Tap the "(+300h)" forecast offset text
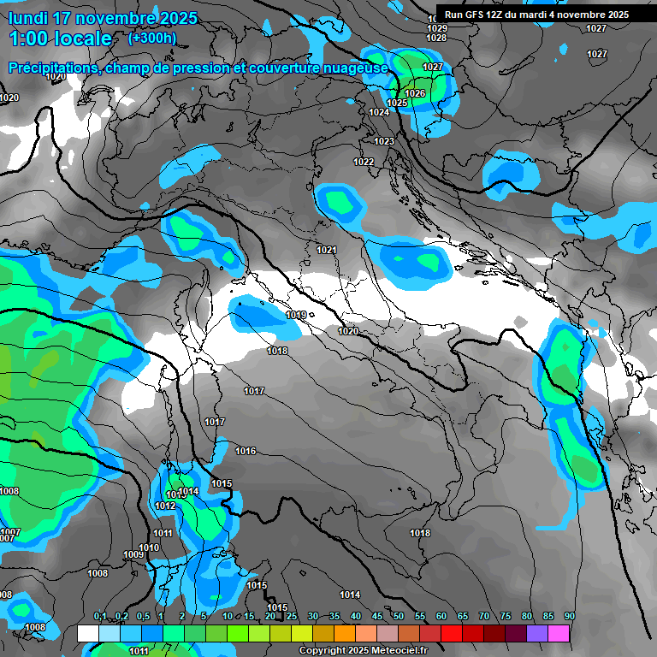tap(151, 38)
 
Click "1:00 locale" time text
tap(60, 38)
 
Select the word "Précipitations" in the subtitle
tap(52, 68)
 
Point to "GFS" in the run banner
tap(482, 15)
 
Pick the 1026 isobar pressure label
tap(415, 93)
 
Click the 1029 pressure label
tap(436, 28)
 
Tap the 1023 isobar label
tap(384, 141)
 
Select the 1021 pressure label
tap(326, 250)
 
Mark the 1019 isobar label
tap(296, 316)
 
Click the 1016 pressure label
tap(246, 451)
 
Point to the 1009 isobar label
tap(133, 555)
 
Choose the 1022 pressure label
tap(364, 162)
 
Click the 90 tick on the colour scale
tap(569, 617)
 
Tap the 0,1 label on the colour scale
tap(99, 617)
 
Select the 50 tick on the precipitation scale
tap(399, 617)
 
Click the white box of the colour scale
tap(87, 633)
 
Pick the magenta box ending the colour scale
tap(559, 633)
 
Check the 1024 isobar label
tap(379, 112)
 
